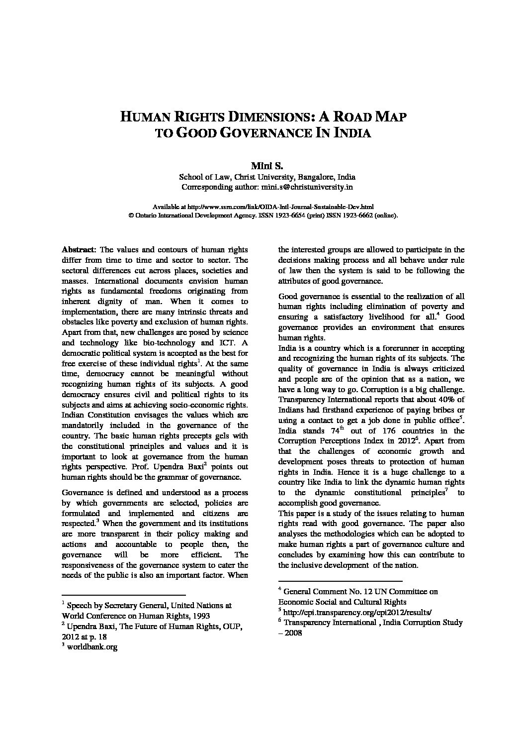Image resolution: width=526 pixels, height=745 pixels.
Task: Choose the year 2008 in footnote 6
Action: (x=293, y=633)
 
